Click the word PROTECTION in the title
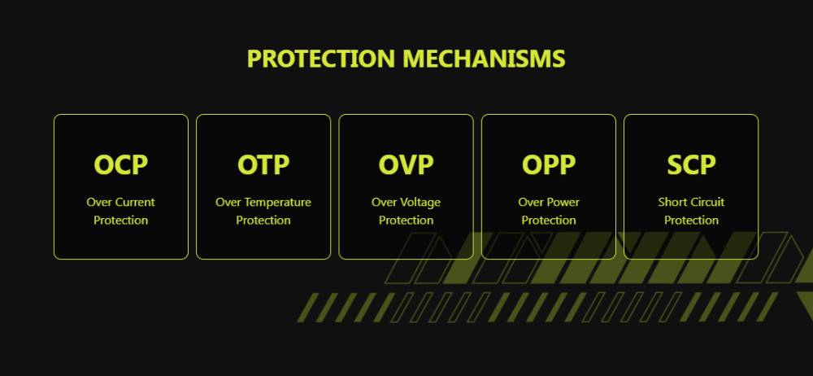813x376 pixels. coord(321,58)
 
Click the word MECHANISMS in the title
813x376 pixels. coord(484,58)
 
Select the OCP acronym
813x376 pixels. coord(121,164)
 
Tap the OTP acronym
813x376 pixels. coord(263,164)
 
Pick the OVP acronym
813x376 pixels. coord(406,164)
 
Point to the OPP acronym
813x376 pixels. coord(549,164)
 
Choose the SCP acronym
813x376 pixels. coord(691,164)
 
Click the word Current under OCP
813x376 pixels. coord(135,202)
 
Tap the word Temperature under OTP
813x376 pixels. coord(278,203)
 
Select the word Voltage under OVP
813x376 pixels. coord(420,203)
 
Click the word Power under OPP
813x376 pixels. coord(563,202)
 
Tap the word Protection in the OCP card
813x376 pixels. coord(121,221)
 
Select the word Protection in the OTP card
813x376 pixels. coord(263,221)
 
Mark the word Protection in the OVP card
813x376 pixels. coord(406,221)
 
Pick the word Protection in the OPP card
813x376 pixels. coord(549,221)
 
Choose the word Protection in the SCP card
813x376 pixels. coord(691,221)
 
